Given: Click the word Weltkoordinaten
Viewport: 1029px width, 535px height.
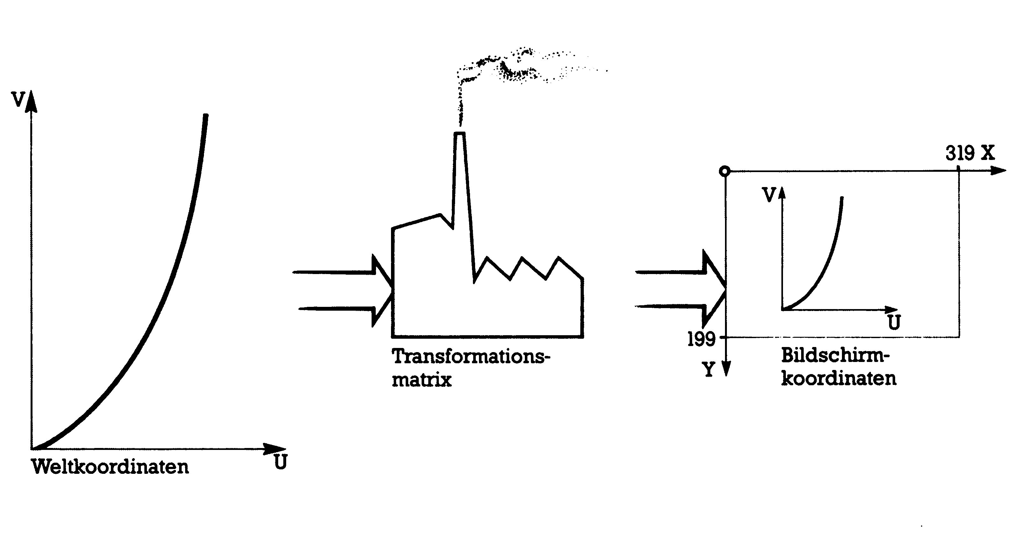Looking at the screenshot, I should tap(110, 467).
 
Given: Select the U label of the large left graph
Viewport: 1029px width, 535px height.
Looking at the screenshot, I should tap(280, 463).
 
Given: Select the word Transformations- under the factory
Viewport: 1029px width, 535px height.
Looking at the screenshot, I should tap(471, 356).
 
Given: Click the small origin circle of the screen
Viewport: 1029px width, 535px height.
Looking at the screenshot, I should tap(725, 171).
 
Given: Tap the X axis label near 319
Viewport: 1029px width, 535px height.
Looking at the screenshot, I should tap(988, 153).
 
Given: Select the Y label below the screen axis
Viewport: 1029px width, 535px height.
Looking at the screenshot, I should tap(709, 370).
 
